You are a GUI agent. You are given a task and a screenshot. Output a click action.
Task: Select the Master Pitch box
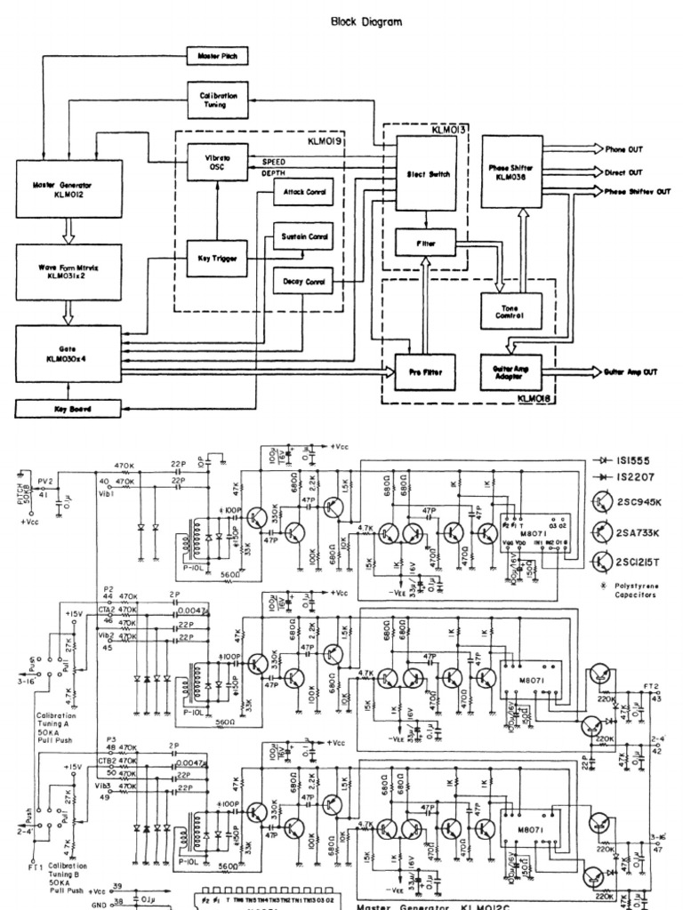pos(217,57)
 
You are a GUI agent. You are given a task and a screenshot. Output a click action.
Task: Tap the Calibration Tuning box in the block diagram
pos(216,100)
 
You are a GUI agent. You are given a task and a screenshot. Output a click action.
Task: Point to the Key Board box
pos(68,409)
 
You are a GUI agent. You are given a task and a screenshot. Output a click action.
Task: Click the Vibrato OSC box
pos(216,164)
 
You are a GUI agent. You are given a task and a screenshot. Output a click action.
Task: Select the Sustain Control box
pos(304,237)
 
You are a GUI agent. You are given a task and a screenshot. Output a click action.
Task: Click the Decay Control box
pos(304,282)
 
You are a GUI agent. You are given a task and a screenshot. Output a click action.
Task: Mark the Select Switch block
pos(425,174)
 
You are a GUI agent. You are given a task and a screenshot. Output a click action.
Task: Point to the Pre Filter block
pos(425,371)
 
